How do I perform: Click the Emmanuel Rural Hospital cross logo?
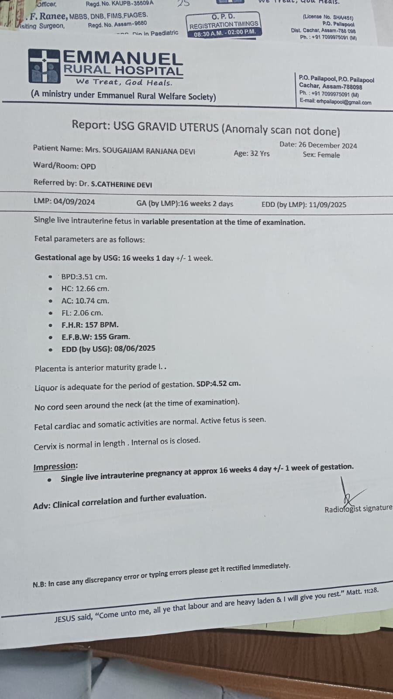point(44,66)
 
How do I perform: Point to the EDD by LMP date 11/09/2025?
point(327,204)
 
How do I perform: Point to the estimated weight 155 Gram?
point(111,336)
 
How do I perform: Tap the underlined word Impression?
point(55,467)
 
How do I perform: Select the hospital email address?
point(344,103)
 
